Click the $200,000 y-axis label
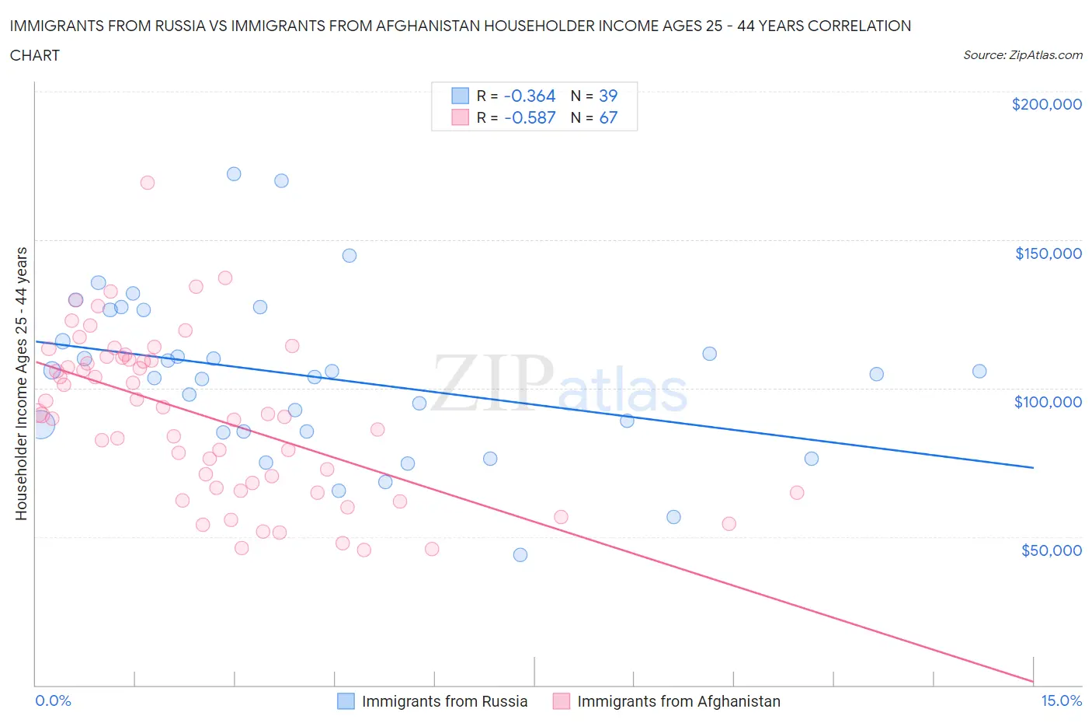tap(1046, 104)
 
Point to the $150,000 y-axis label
tap(1048, 253)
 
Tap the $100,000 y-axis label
tap(1048, 402)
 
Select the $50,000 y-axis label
tap(1051, 550)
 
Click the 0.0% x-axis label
tap(53, 700)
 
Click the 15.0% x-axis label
tap(1061, 700)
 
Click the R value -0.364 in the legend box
tap(530, 96)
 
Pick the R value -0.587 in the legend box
tap(530, 117)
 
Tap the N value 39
tap(607, 96)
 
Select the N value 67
tap(607, 117)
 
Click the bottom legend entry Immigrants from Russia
tap(444, 701)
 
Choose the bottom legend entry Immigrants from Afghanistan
tap(678, 701)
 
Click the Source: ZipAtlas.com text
tap(1022, 54)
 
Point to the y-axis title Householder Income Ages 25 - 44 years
tap(22, 383)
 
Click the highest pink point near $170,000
tap(147, 183)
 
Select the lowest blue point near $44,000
tap(520, 555)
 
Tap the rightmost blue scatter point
tap(979, 372)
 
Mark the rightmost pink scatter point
tap(797, 493)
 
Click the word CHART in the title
tap(35, 55)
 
